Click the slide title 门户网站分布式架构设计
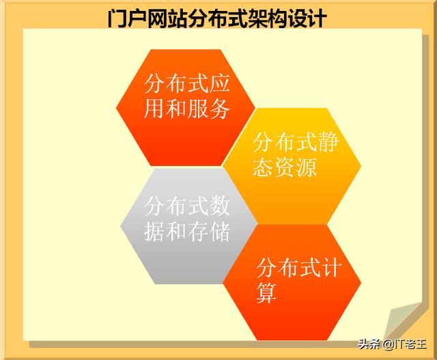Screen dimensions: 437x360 (x=217, y=18)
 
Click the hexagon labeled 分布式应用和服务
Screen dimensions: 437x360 (x=186, y=108)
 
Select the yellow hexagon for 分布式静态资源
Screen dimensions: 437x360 (x=292, y=166)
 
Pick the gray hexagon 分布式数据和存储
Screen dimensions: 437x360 (x=188, y=226)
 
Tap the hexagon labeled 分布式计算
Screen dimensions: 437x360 (x=292, y=283)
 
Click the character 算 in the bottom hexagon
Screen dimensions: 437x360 (x=266, y=293)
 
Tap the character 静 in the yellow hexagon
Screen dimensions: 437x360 (x=328, y=142)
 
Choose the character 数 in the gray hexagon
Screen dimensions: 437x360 (x=219, y=206)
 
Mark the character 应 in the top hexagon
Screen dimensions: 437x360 (x=219, y=83)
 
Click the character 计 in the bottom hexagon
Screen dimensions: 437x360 (x=331, y=268)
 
